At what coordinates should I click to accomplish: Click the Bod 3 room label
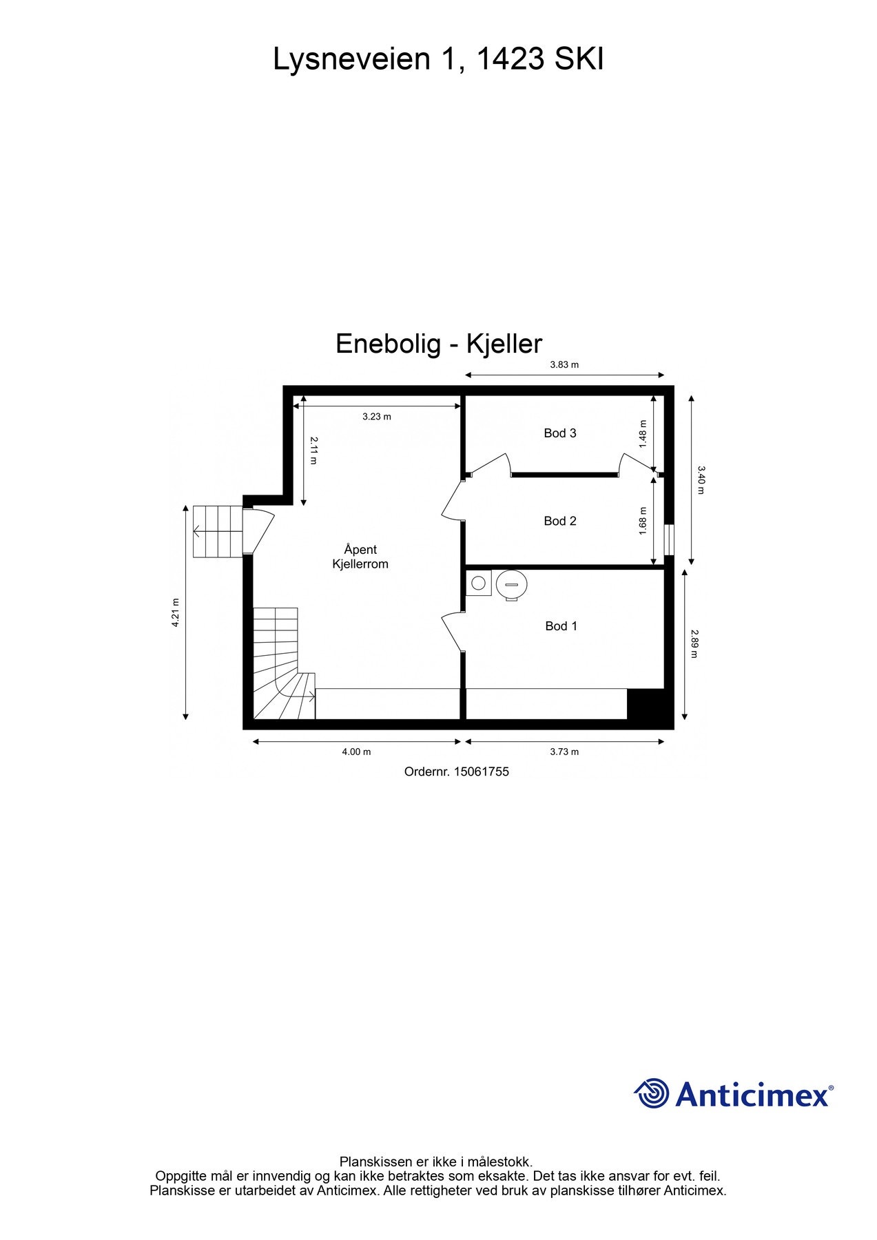[x=559, y=433]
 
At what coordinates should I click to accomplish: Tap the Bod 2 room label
[x=559, y=521]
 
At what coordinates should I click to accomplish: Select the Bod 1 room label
[x=561, y=626]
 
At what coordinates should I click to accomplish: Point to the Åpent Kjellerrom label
[x=360, y=557]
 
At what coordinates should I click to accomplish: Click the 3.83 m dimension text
[x=564, y=365]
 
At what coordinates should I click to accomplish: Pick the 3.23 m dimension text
[x=377, y=417]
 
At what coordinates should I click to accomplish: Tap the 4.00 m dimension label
[x=356, y=752]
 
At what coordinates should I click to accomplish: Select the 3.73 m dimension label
[x=564, y=752]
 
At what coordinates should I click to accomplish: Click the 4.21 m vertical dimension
[x=176, y=612]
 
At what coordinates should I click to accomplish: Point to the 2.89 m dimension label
[x=694, y=643]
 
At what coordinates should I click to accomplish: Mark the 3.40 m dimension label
[x=701, y=480]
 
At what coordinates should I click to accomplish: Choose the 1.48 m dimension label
[x=643, y=434]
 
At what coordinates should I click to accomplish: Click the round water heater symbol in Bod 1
[x=512, y=584]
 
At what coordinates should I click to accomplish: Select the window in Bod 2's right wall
[x=668, y=540]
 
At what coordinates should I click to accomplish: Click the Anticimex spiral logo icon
[x=652, y=1093]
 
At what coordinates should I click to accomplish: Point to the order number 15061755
[x=481, y=772]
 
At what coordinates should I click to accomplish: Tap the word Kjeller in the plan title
[x=504, y=344]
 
